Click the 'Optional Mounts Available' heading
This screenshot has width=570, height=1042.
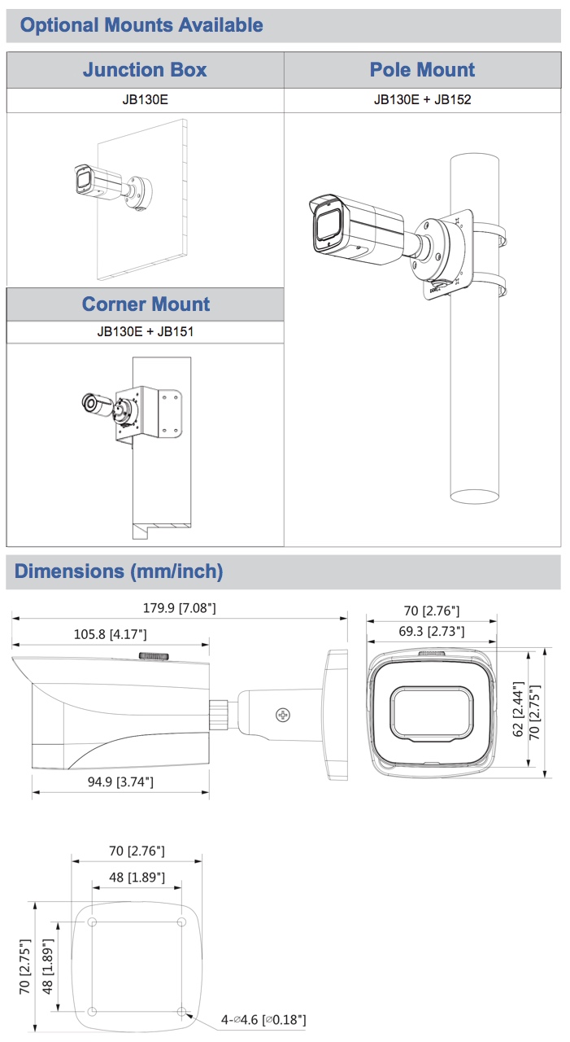[141, 25]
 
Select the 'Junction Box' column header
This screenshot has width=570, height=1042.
[145, 70]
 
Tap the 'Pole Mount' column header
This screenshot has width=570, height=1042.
[422, 70]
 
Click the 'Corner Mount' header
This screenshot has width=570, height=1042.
[146, 304]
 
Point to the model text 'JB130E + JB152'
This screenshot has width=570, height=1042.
[422, 100]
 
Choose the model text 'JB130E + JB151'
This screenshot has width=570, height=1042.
[146, 332]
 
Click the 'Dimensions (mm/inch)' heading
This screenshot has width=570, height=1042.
[119, 571]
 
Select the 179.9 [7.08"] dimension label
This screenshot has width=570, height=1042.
[180, 608]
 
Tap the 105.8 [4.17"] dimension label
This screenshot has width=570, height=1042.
[111, 634]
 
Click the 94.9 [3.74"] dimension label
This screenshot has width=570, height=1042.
[114, 782]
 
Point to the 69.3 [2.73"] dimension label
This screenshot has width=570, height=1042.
[431, 631]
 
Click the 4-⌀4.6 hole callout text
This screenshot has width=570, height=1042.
[263, 1019]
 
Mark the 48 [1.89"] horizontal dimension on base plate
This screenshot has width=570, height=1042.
[137, 878]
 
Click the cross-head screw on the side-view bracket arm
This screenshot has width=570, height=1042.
[283, 715]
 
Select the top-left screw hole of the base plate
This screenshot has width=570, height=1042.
[92, 922]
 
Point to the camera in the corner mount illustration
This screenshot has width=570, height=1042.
[98, 405]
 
